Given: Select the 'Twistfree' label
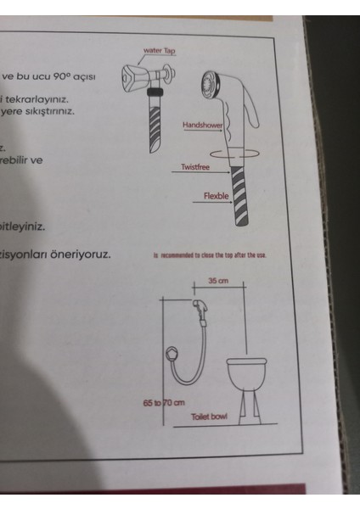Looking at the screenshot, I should pyautogui.click(x=195, y=167).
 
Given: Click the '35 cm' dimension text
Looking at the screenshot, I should pyautogui.click(x=220, y=282).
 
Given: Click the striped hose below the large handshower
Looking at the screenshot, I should pyautogui.click(x=240, y=196).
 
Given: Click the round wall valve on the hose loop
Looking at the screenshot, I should pyautogui.click(x=174, y=353).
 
